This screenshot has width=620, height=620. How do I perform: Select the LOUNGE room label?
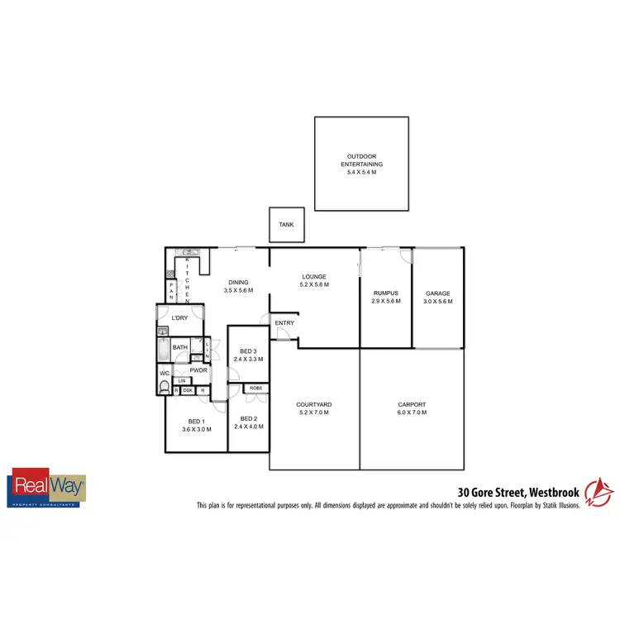[x=314, y=277]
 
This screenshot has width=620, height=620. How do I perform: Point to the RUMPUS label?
[x=386, y=293]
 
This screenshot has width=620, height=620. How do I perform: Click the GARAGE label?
[x=437, y=293]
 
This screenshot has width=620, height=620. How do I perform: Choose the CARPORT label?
[x=412, y=404]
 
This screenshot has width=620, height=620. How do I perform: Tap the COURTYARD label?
[x=313, y=404]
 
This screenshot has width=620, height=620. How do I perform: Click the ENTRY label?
[x=284, y=322]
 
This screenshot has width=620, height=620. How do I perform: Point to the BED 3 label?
[x=248, y=351]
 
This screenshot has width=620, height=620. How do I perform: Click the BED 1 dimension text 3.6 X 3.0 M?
[x=197, y=429]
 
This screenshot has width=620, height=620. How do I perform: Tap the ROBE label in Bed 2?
[x=256, y=387]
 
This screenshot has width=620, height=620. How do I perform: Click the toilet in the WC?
[x=165, y=388]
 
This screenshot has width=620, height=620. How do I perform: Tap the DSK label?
[x=188, y=390]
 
